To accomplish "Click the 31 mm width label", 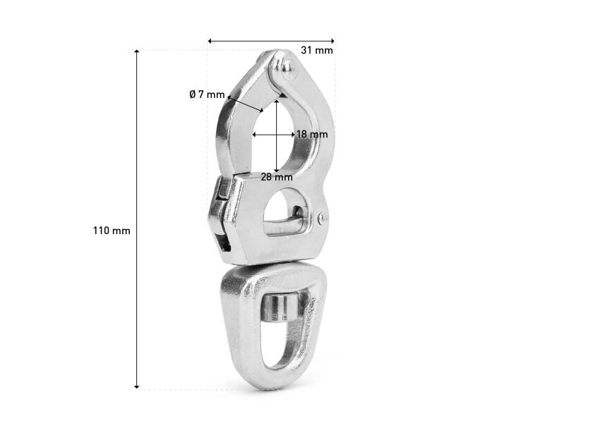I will pos(317,50).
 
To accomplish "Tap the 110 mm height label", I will pos(112,231).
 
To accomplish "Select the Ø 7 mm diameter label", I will pos(207,94).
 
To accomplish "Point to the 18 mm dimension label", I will pos(312,134).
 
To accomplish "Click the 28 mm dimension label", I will pos(277,177).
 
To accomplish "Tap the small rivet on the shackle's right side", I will pos(322,219).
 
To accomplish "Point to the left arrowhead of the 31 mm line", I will pos(210,41).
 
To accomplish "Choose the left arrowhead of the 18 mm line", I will pos(256,133).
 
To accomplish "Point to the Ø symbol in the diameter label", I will pos(193,94).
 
